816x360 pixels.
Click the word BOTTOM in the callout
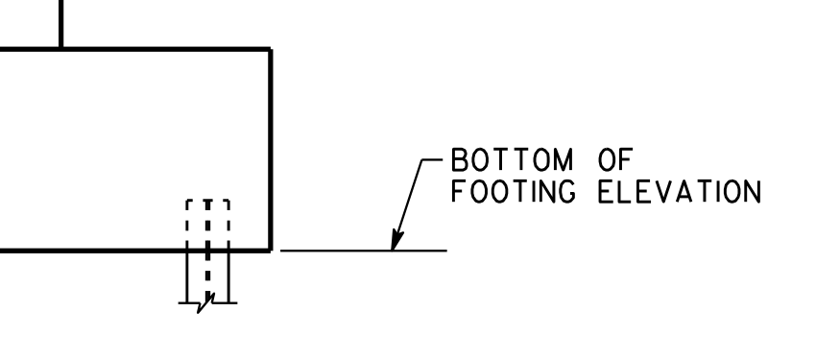(512, 159)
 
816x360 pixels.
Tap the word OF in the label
(616, 159)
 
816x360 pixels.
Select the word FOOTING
(514, 191)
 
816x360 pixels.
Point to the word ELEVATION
(680, 191)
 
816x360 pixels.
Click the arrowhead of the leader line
(397, 241)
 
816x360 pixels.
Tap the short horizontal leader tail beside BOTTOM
(432, 159)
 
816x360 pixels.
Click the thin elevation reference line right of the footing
(363, 251)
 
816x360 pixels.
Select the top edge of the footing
(135, 49)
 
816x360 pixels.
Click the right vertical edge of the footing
(271, 150)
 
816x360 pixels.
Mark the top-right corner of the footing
(271, 49)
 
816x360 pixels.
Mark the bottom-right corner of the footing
(271, 251)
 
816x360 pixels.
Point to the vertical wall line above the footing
(61, 23)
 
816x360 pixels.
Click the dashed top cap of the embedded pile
(207, 201)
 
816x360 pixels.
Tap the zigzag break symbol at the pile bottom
(205, 303)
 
